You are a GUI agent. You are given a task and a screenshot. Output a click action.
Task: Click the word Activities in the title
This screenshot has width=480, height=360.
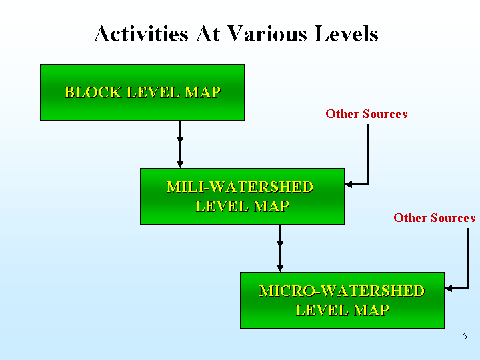pyautogui.click(x=141, y=33)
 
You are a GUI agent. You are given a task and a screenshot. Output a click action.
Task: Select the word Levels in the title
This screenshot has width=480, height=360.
pyautogui.click(x=346, y=33)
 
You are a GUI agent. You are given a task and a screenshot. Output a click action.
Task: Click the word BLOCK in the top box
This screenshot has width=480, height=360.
pyautogui.click(x=93, y=92)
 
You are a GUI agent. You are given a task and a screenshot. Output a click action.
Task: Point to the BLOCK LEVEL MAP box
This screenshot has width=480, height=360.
pyautogui.click(x=143, y=92)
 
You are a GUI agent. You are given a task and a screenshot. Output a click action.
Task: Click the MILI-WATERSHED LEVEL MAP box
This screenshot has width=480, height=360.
pyautogui.click(x=242, y=196)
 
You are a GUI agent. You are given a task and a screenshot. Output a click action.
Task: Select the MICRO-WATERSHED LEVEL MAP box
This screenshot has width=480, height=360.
pyautogui.click(x=342, y=300)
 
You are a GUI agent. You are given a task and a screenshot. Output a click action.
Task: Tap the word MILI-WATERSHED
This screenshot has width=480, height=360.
pyautogui.click(x=240, y=187)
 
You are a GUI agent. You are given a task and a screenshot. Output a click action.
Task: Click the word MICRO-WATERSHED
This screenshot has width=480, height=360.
pyautogui.click(x=342, y=291)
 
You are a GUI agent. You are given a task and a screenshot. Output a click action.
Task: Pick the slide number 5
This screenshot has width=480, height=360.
pyautogui.click(x=465, y=336)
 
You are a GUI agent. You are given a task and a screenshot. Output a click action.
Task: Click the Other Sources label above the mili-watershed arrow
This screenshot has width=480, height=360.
pyautogui.click(x=366, y=114)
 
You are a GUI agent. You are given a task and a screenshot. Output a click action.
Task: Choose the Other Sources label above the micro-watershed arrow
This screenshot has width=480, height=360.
pyautogui.click(x=434, y=218)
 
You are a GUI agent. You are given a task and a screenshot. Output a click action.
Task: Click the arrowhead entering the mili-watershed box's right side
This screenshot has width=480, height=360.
pyautogui.click(x=348, y=184)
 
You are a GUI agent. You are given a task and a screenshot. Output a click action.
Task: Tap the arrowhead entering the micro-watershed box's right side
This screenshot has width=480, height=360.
pyautogui.click(x=448, y=289)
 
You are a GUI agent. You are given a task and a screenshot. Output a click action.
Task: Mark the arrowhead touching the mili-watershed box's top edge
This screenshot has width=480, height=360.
pyautogui.click(x=180, y=165)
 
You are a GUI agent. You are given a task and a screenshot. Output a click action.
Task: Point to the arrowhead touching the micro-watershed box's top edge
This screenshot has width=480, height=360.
pyautogui.click(x=280, y=269)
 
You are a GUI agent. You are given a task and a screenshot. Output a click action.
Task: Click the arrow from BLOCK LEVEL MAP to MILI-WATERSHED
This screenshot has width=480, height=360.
pyautogui.click(x=180, y=144)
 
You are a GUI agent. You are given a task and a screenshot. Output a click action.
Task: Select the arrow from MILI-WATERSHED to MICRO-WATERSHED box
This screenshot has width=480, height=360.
pyautogui.click(x=280, y=248)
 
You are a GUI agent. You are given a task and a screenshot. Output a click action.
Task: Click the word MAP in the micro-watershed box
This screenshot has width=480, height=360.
pyautogui.click(x=371, y=310)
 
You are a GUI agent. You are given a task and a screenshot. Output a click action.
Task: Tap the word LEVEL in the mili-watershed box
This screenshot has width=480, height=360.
pyautogui.click(x=222, y=206)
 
